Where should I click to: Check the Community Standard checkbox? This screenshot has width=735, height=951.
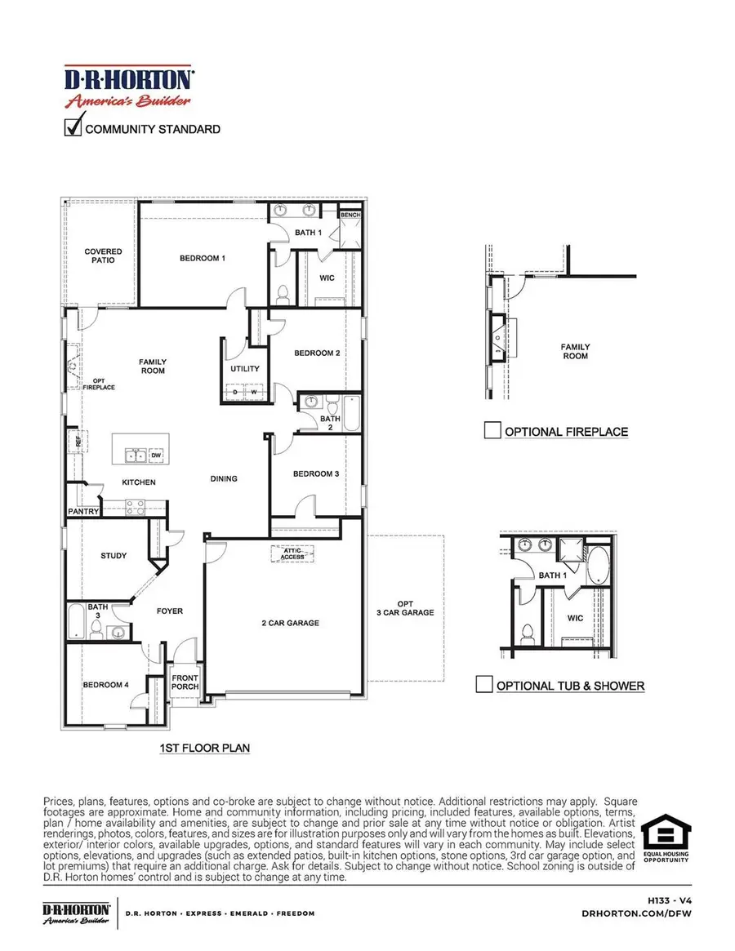73,128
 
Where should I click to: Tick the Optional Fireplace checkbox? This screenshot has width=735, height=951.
492,431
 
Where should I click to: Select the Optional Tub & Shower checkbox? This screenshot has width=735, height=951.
484,685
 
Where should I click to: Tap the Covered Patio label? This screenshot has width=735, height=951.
104,256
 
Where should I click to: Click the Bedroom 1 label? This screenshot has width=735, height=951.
203,259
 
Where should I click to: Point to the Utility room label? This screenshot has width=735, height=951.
244,369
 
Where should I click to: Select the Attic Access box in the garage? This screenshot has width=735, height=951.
293,553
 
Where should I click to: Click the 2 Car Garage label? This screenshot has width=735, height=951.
292,624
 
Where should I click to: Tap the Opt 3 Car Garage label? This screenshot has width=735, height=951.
405,607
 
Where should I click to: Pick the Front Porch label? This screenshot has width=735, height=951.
185,681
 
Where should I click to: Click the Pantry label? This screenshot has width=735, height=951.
83,512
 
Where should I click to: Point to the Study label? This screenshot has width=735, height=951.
114,556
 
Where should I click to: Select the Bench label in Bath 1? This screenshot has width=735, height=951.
350,216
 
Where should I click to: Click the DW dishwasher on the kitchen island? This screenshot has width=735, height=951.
156,455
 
